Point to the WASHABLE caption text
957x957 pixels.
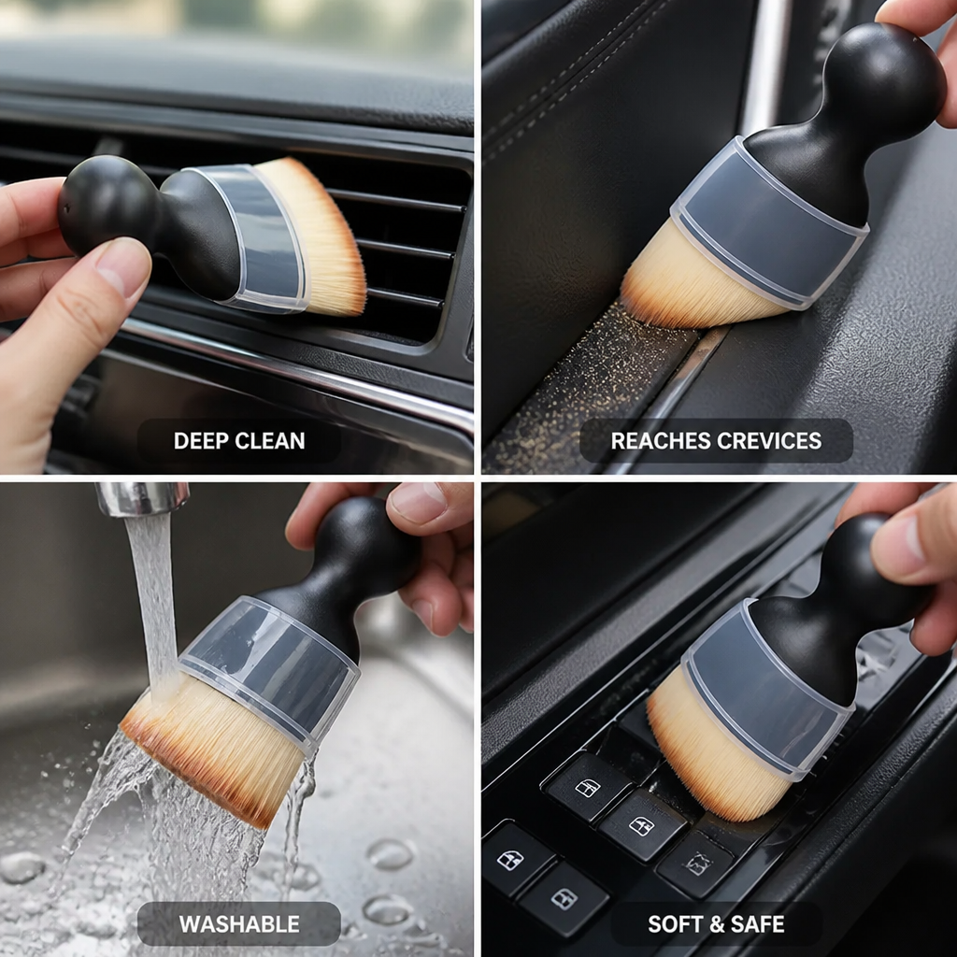[x=239, y=924]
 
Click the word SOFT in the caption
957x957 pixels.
[x=673, y=924]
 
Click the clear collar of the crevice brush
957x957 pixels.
[x=769, y=222]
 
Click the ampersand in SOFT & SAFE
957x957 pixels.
[x=715, y=924]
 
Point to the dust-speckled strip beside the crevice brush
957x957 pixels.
[x=586, y=391]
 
